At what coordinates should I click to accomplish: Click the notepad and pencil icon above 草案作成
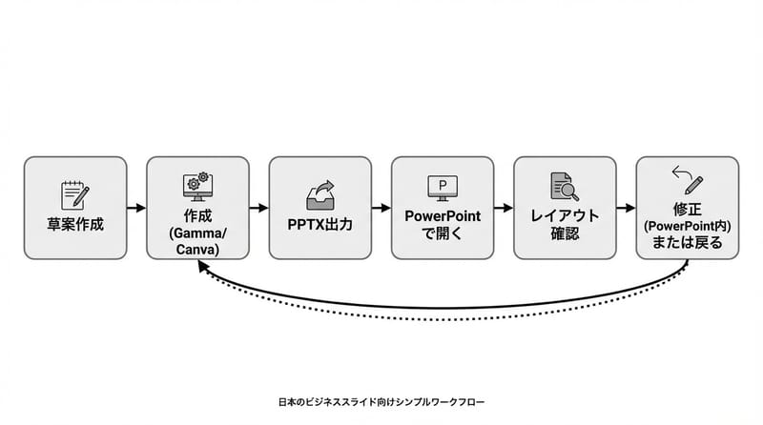coord(75,193)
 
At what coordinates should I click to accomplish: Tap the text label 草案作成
coord(75,225)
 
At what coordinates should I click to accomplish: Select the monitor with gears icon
coord(197,185)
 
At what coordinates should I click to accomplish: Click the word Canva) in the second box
coord(197,249)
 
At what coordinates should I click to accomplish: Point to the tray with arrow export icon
coord(320,193)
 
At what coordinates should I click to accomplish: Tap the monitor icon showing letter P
coord(443,188)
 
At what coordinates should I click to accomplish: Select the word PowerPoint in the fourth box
coord(443,216)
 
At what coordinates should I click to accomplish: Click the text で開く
coord(443,233)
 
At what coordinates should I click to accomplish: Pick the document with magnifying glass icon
coord(565,188)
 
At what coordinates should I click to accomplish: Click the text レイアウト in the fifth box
coord(565,216)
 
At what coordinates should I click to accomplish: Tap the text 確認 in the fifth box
coord(565,233)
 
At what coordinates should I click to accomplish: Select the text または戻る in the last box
coord(687,243)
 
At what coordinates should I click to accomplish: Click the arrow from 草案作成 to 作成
coord(136,208)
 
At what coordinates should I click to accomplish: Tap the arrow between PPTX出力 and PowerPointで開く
coord(381,208)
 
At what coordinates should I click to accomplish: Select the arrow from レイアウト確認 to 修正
coord(626,208)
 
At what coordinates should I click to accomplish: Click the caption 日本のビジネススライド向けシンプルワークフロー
coord(381,403)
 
